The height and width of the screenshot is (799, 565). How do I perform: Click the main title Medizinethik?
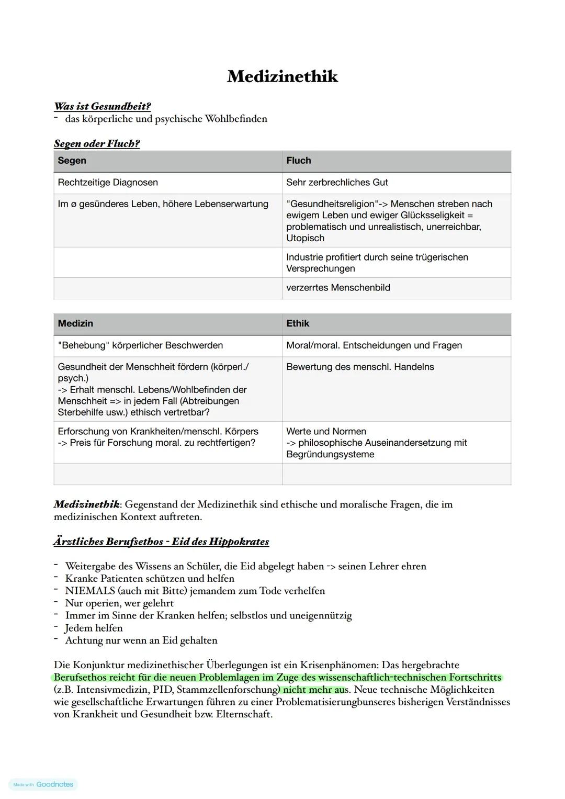point(282,77)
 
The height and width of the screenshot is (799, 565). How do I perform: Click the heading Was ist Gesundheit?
point(103,106)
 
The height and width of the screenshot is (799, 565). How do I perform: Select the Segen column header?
point(72,161)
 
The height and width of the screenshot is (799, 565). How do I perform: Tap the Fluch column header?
point(299,161)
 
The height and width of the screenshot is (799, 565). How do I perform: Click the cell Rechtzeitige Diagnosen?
point(108,183)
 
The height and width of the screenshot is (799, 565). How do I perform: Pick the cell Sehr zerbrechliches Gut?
point(337,183)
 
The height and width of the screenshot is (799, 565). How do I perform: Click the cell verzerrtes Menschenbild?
point(338,288)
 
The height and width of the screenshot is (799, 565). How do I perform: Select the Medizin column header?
point(75,323)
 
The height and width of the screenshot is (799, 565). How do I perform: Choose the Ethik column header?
point(298,323)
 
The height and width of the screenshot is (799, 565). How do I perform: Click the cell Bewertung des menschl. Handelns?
point(360,367)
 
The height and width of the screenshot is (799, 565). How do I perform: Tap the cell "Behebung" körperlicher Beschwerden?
point(140,345)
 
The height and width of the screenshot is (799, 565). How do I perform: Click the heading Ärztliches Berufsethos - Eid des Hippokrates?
point(161,542)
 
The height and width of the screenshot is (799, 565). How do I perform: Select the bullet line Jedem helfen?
point(94,628)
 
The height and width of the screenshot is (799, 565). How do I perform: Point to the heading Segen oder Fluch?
point(97,143)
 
